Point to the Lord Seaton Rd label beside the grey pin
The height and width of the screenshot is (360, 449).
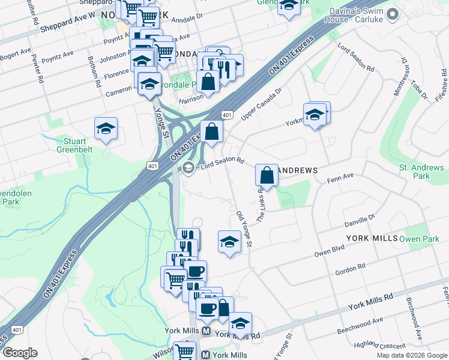point(222,161)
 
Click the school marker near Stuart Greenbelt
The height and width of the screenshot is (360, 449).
point(106,129)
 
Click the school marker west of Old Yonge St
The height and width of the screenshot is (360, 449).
point(229,242)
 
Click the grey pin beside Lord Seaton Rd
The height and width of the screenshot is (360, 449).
point(188,167)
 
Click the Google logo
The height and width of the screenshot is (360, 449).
point(20,353)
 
